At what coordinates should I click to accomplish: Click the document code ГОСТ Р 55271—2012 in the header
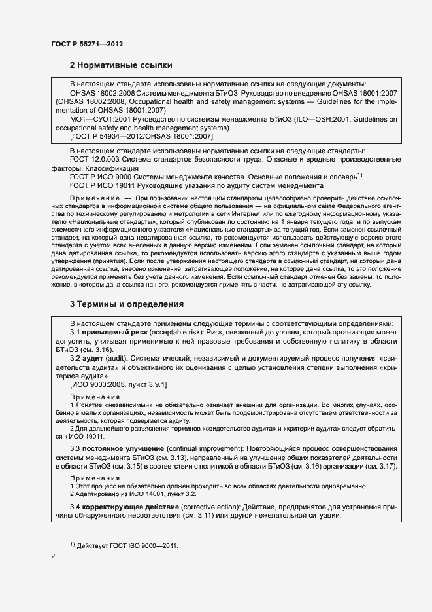87,44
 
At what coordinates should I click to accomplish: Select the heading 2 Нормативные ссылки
121,65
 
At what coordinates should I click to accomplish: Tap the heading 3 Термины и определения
127,304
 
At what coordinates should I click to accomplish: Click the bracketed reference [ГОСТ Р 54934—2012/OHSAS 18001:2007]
141,136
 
